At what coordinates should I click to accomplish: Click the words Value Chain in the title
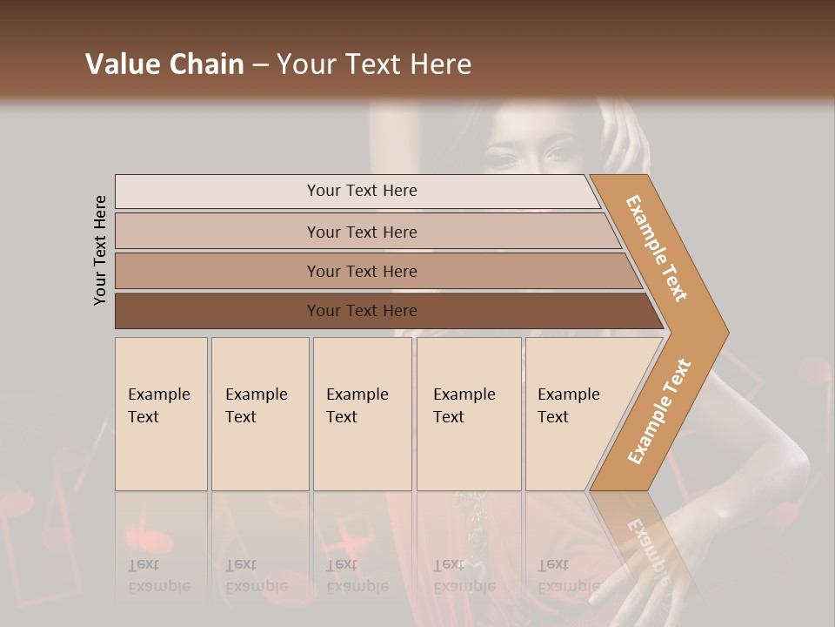click(x=164, y=64)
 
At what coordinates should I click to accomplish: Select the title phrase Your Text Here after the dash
click(x=374, y=64)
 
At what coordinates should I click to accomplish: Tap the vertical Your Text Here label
click(x=100, y=250)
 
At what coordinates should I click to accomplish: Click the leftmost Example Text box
click(x=161, y=414)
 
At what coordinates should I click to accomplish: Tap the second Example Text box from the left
click(x=259, y=414)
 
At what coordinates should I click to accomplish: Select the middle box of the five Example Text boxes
click(x=362, y=414)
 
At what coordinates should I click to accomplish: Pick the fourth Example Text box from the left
click(x=468, y=414)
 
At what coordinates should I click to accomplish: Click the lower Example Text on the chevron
click(x=659, y=411)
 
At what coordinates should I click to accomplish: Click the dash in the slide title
click(x=260, y=64)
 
